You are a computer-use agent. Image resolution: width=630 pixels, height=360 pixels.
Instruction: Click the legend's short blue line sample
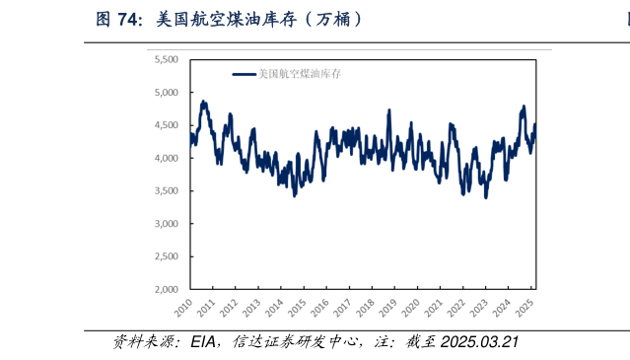click(x=244, y=73)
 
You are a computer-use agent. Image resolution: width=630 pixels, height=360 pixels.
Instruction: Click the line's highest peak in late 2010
click(x=203, y=101)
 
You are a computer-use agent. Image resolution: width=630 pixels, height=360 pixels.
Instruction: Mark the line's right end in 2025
click(x=534, y=123)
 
